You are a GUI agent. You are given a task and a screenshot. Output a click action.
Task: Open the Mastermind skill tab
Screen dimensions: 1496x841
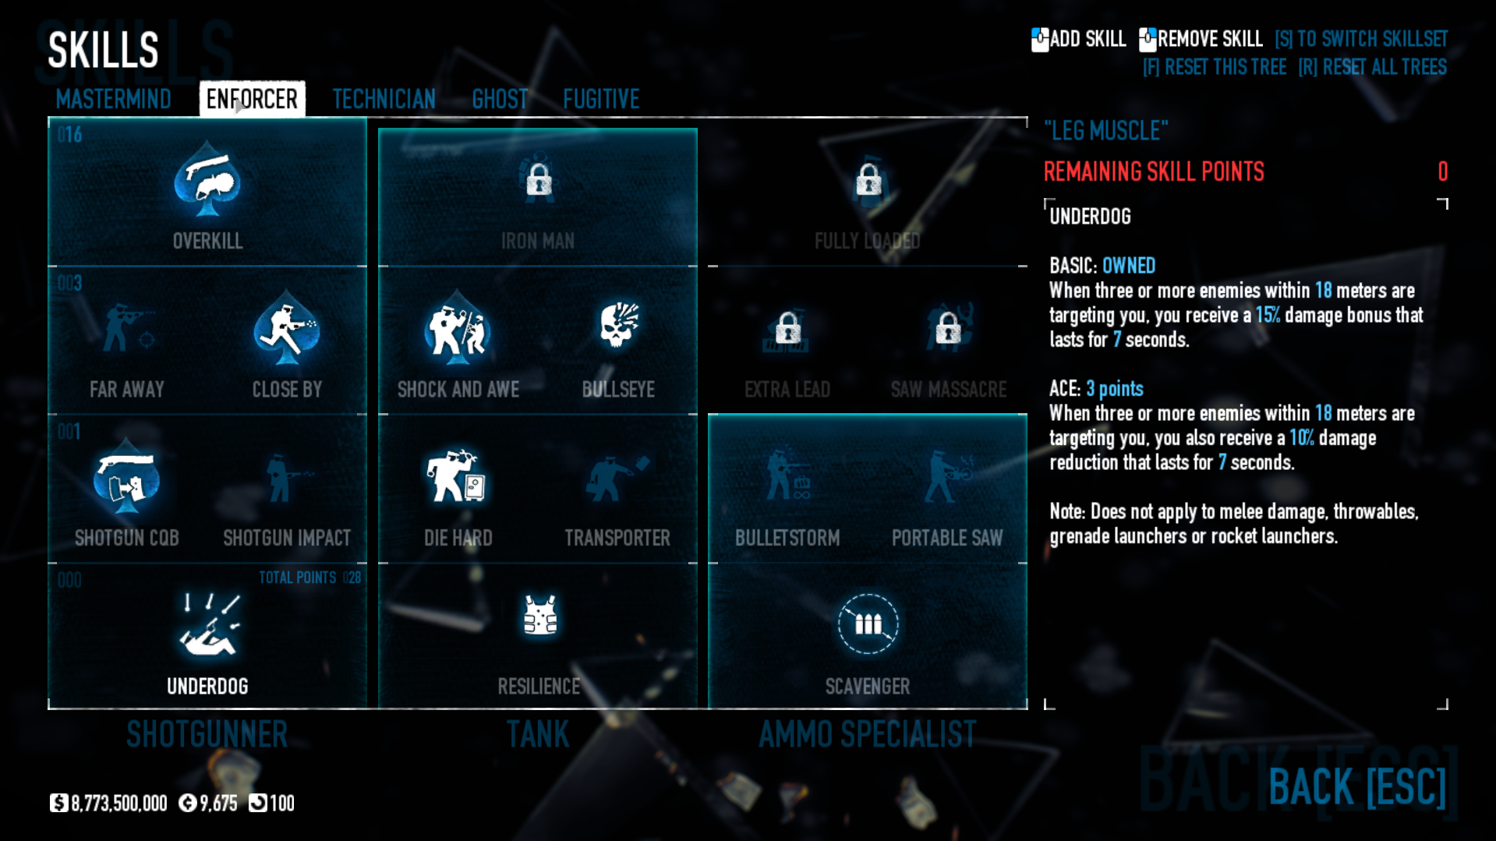114,99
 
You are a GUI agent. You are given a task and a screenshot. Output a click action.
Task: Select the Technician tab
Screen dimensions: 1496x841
384,99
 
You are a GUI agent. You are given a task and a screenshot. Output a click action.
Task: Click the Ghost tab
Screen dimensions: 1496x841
500,99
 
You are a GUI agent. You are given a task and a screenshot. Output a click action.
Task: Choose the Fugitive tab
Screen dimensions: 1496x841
601,99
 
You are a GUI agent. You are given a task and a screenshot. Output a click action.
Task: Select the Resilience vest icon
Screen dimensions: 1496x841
539,616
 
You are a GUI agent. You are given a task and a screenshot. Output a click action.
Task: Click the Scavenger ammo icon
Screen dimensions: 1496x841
868,624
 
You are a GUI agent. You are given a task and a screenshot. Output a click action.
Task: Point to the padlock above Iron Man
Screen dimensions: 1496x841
539,180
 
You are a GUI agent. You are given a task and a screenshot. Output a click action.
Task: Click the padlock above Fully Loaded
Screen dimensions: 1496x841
868,180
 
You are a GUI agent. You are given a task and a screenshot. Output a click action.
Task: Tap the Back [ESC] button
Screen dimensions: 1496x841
1356,786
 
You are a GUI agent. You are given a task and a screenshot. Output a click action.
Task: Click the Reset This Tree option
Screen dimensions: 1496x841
1214,67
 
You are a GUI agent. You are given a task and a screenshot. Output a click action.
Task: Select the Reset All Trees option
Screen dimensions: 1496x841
1372,67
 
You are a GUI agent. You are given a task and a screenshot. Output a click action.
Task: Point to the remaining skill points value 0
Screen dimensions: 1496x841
1442,171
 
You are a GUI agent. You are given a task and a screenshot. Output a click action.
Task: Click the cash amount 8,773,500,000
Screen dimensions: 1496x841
118,803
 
